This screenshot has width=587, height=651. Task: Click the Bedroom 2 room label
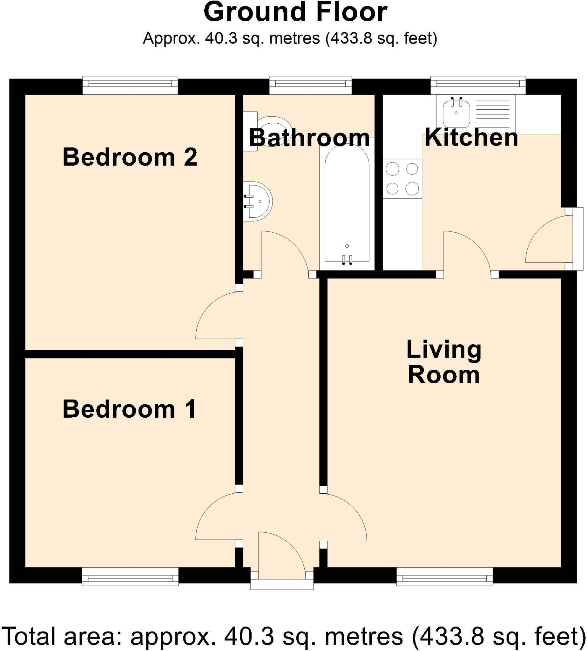tap(130, 157)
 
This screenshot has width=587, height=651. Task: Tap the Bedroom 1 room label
tap(129, 409)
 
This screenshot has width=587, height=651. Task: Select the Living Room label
tap(444, 362)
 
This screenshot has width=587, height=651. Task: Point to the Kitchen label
tap(471, 138)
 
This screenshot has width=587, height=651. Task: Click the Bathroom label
tap(309, 138)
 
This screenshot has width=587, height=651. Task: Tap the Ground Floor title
tap(295, 12)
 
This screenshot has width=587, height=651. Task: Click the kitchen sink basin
tap(456, 113)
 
